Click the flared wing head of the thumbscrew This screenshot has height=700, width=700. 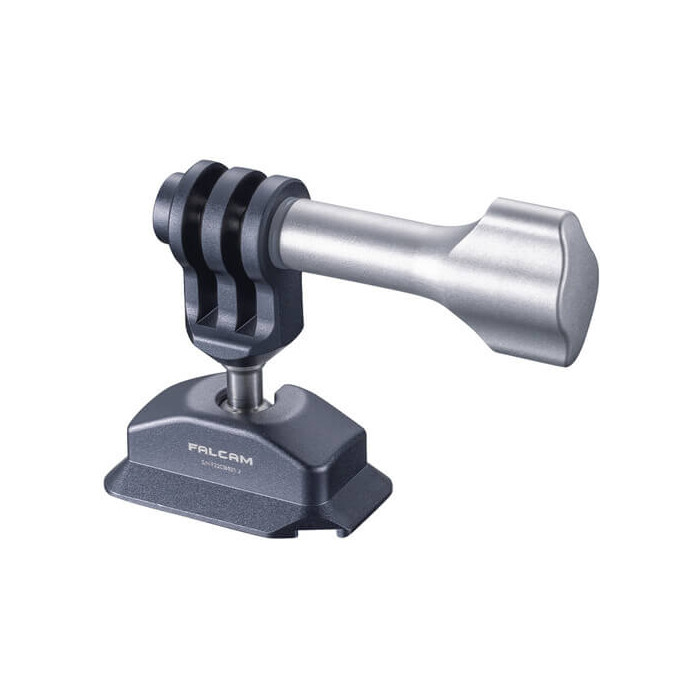point(530,274)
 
